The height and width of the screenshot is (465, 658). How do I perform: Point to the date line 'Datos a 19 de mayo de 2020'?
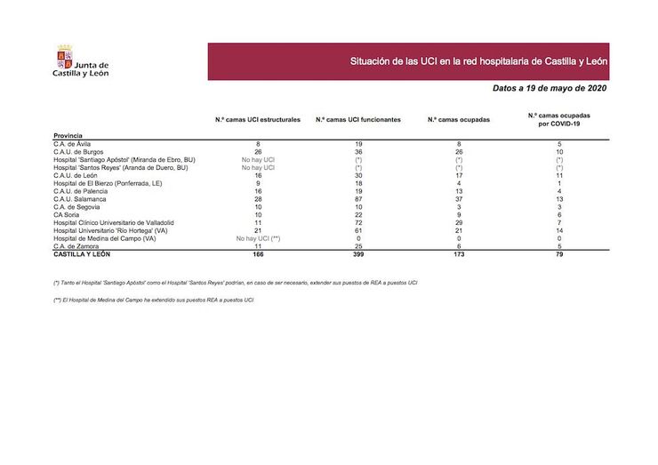pos(549,89)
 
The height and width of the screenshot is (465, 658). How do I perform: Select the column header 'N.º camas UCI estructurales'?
pos(258,119)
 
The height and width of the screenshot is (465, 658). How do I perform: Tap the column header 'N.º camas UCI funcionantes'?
pos(357,119)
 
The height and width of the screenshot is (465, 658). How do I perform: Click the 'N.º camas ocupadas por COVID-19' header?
pos(558,119)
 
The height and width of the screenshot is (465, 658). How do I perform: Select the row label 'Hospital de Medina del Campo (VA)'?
pos(105,238)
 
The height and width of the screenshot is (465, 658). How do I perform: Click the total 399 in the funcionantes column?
pos(357,254)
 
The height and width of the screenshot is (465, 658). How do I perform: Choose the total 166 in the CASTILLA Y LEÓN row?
pos(258,254)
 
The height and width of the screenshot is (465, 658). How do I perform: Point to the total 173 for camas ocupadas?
pos(459,254)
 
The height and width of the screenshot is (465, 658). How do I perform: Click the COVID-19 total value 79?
pos(558,254)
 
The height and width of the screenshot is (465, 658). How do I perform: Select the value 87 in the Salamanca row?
pos(357,198)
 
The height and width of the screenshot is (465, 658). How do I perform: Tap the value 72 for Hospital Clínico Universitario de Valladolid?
pos(357,222)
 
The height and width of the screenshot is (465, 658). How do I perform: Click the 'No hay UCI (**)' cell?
pos(258,238)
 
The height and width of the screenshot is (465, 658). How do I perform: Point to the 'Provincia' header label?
pos(69,135)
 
